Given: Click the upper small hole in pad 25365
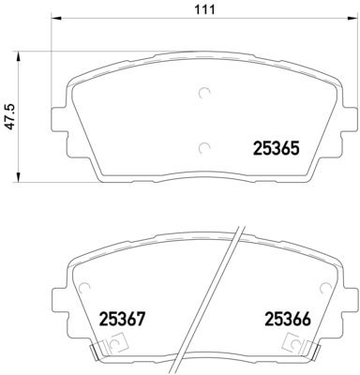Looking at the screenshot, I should [205, 93].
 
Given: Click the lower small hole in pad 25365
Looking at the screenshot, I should [205, 146].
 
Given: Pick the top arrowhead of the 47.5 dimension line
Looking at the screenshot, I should [21, 53].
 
